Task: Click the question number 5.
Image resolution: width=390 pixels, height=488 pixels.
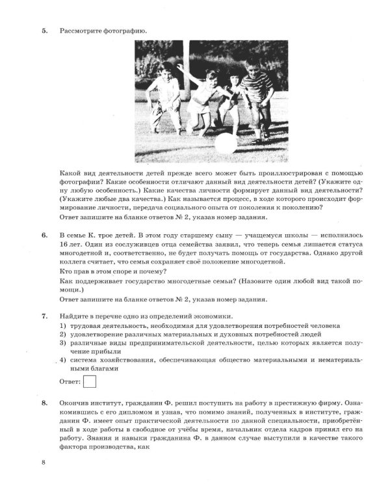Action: [x=45, y=31]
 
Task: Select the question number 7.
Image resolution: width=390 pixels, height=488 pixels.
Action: [x=45, y=316]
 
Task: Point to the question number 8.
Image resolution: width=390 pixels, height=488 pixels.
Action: [x=45, y=403]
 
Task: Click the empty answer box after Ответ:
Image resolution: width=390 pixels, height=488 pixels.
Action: [x=90, y=381]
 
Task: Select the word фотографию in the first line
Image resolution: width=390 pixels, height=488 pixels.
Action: [x=126, y=31]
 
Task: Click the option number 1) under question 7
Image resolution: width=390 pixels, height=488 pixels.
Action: [x=64, y=325]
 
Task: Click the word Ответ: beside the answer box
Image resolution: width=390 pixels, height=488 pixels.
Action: [x=70, y=381]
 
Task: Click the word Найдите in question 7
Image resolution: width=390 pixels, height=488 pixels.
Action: [x=73, y=316]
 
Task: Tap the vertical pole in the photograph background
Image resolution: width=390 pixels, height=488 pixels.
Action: [x=187, y=55]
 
